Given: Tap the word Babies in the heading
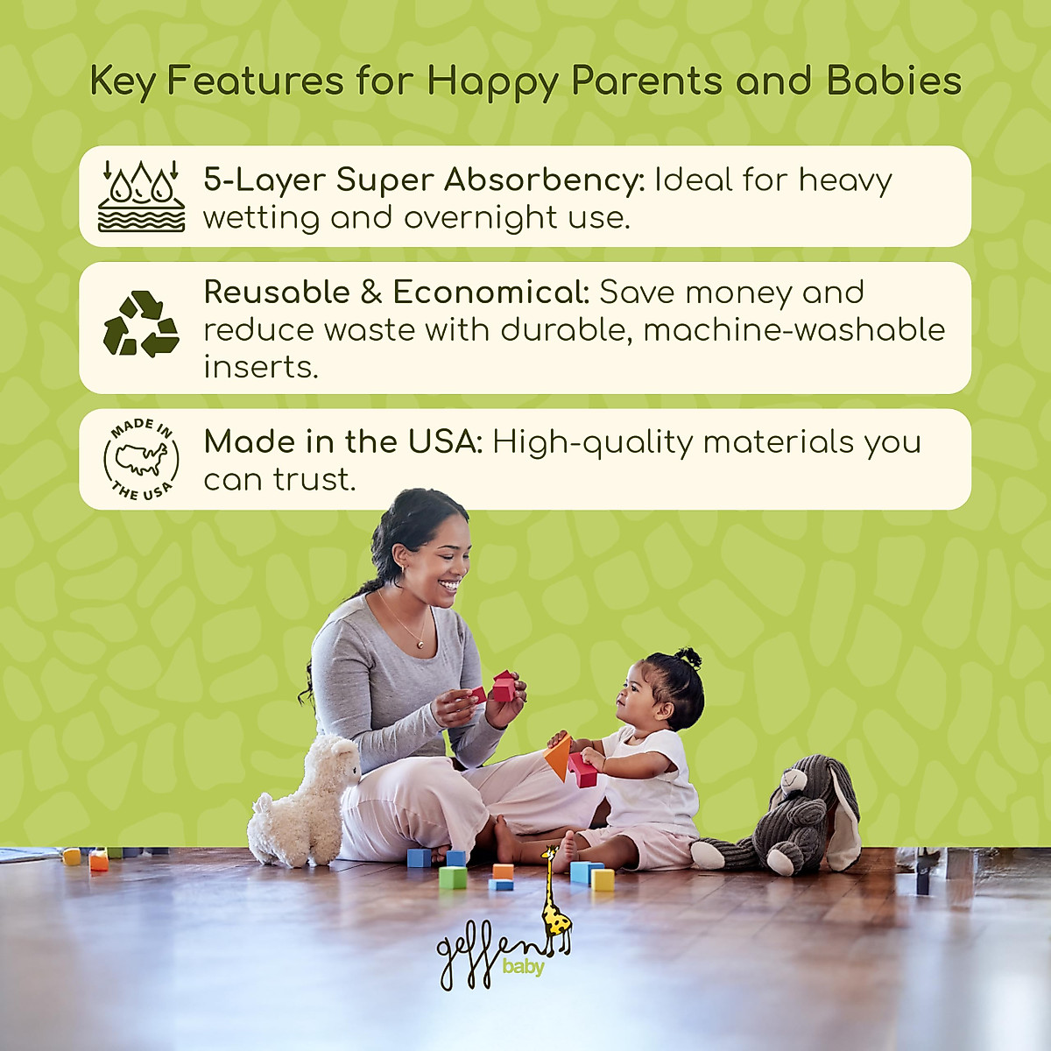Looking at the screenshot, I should coord(893,81).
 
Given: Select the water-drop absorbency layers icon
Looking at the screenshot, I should coord(141,195).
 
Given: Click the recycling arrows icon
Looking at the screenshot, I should coord(141,325).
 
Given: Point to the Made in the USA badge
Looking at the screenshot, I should coord(141,459).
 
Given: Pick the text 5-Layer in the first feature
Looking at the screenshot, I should coord(265,180).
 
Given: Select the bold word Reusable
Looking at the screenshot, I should coord(277,292).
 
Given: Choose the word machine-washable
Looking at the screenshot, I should coord(794,329).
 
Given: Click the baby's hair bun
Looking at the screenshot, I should coord(689,657).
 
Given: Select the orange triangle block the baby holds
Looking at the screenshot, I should coord(558,757).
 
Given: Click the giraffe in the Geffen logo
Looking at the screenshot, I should coord(554,902).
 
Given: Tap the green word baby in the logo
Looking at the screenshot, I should coord(523,967).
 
